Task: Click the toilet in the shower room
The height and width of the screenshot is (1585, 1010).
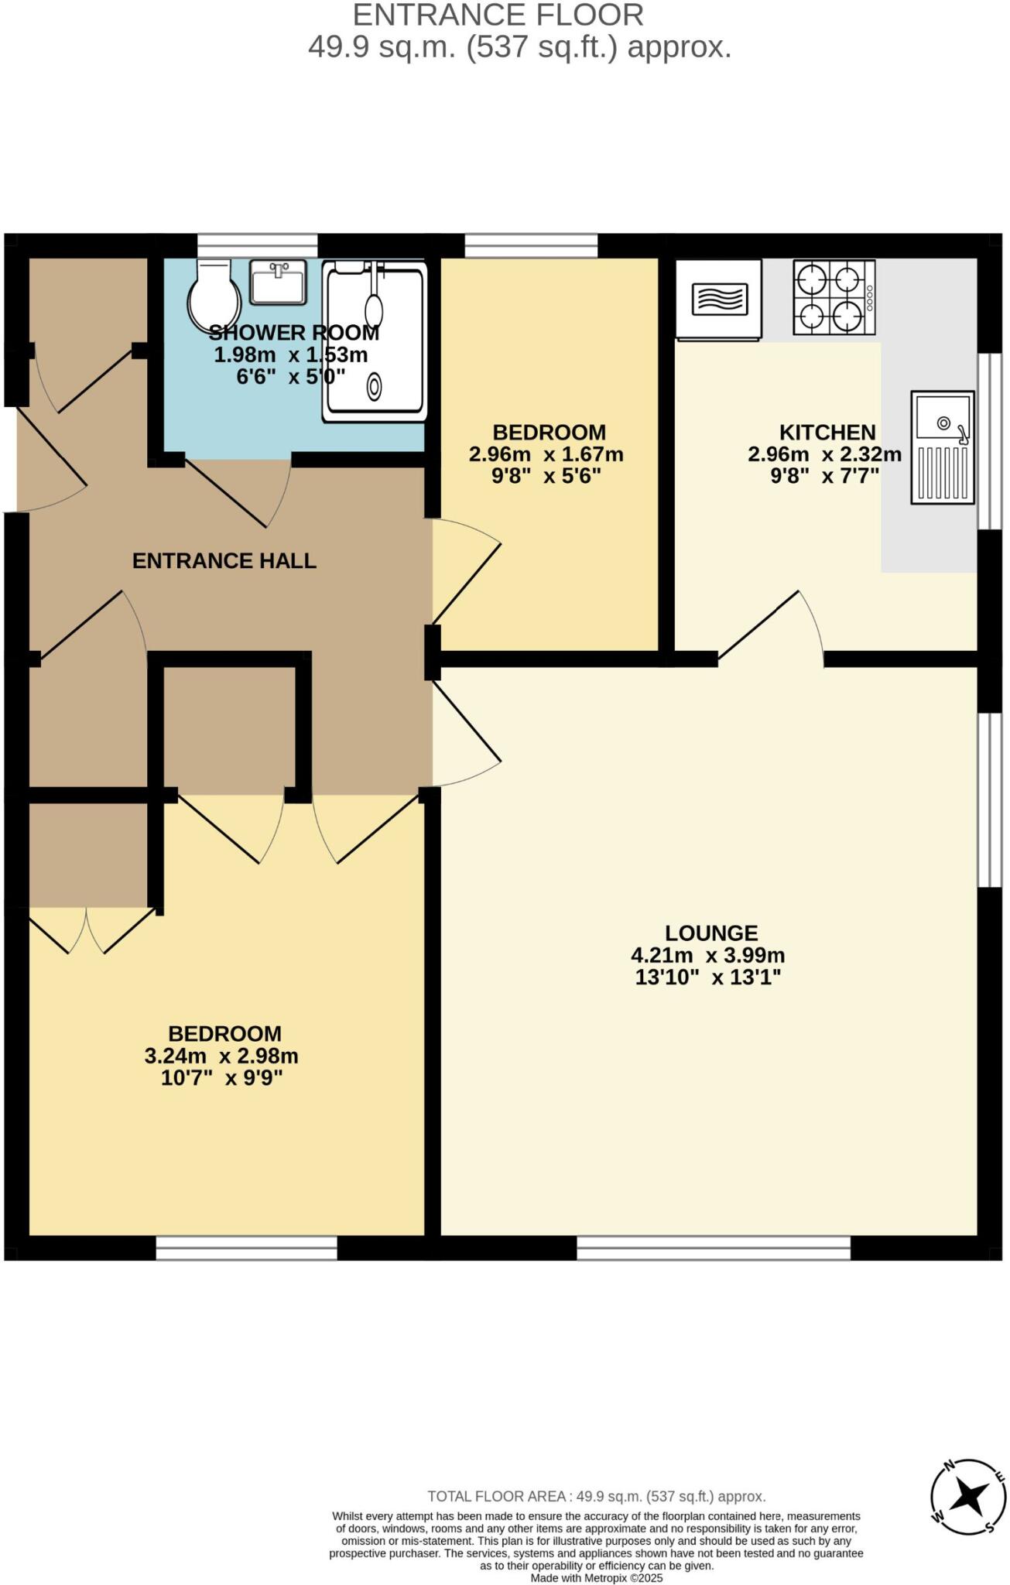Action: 214,297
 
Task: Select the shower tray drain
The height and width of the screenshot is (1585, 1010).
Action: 375,385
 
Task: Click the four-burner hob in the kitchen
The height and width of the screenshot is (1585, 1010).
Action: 833,297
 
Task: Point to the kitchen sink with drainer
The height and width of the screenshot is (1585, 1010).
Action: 942,447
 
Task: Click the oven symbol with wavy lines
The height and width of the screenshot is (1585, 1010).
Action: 719,300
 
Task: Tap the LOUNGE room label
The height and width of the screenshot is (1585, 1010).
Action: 711,933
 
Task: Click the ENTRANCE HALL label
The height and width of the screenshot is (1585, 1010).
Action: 224,560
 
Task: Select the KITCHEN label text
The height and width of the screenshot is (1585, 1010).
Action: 827,432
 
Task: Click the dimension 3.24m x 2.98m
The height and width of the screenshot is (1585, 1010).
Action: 221,1056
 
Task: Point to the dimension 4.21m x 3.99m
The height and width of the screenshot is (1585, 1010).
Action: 707,955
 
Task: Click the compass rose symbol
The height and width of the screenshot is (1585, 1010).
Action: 967,1496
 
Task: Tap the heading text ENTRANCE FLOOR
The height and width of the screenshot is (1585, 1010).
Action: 498,15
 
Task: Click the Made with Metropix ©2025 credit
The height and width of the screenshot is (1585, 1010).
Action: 597,1578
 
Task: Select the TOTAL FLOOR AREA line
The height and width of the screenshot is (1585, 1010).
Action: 596,1496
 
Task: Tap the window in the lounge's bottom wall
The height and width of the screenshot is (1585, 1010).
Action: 713,1247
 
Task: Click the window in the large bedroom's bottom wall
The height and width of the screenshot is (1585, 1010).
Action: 246,1247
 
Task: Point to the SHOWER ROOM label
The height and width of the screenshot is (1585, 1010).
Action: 293,333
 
